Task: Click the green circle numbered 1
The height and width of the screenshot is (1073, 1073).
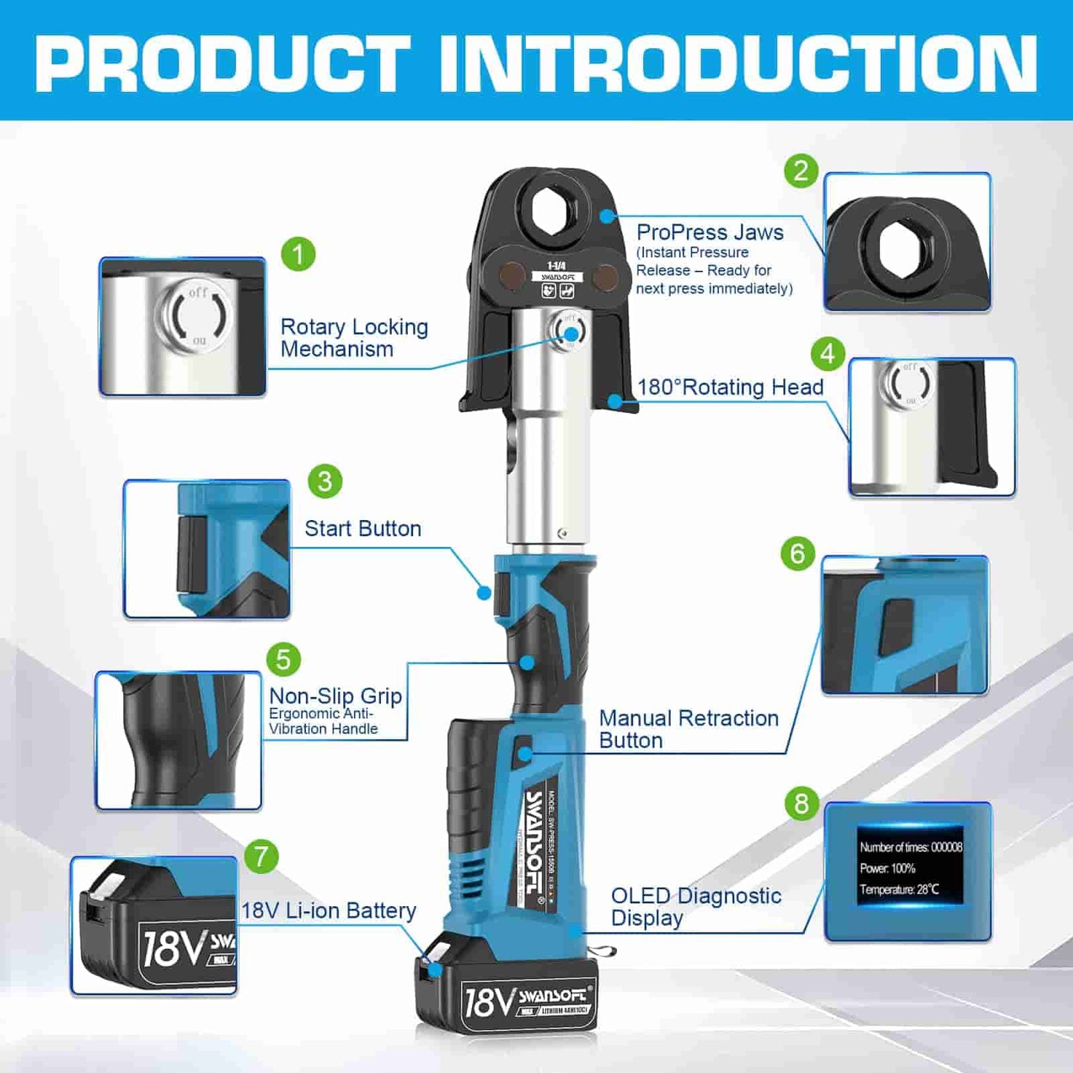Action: pos(299,254)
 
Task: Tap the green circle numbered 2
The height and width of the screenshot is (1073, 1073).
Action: pos(800,171)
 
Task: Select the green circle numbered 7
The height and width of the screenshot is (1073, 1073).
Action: pos(261,857)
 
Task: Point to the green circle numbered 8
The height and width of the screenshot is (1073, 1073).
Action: pos(801,804)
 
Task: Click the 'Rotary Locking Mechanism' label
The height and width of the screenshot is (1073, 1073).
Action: pos(353,338)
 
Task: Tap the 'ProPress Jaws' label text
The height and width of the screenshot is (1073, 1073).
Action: pos(710,232)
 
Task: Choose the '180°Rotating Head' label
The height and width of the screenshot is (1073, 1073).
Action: pos(730,387)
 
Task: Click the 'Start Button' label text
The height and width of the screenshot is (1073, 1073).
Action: pos(362,528)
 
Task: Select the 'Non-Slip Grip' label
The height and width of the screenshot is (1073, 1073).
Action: pos(335,696)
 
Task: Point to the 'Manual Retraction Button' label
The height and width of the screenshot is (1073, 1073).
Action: pos(688,729)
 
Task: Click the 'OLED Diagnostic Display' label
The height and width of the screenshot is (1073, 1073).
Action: pos(695,906)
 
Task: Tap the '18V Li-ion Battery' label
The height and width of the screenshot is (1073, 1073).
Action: pos(328,910)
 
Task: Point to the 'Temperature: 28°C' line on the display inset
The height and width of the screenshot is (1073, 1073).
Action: pos(898,889)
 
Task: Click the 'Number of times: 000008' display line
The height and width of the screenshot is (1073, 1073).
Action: pos(910,847)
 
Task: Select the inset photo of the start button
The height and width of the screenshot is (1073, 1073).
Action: pos(206,549)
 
